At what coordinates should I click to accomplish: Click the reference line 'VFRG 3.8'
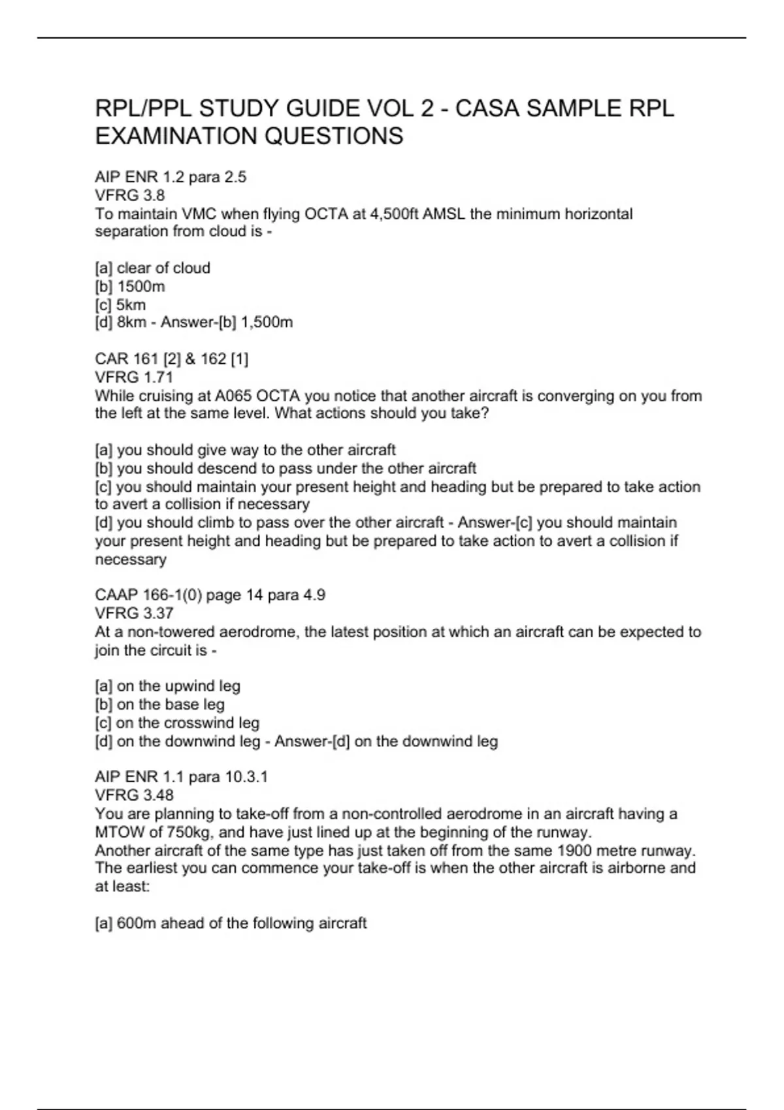[130, 195]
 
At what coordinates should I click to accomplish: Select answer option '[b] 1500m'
[130, 286]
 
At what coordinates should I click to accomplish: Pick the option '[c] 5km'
[120, 304]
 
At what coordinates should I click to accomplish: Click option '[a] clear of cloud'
[152, 268]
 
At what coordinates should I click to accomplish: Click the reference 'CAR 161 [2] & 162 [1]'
[171, 358]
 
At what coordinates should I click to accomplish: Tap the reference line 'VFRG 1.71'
[134, 377]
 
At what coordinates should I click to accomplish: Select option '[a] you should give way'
[245, 450]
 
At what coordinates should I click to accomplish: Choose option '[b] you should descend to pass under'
[286, 468]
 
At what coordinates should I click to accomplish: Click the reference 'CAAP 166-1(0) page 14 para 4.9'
[210, 595]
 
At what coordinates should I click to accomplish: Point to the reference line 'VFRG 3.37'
[134, 613]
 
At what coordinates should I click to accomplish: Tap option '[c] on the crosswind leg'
[177, 723]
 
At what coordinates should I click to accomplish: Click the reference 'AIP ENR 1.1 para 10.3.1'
[181, 776]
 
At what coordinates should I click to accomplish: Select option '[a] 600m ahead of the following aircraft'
[231, 923]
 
